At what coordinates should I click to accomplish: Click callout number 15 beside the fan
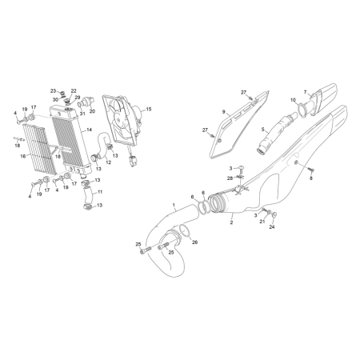(149, 109)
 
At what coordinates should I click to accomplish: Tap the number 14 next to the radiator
(89, 130)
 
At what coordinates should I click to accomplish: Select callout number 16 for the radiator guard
(23, 156)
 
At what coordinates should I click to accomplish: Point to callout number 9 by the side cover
(224, 111)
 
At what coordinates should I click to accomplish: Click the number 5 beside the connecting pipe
(263, 130)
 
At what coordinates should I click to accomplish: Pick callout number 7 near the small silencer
(306, 92)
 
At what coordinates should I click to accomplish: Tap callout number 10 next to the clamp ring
(293, 100)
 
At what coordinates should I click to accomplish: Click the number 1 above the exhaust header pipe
(174, 205)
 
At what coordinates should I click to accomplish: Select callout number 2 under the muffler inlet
(231, 222)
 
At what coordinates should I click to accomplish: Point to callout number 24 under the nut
(272, 227)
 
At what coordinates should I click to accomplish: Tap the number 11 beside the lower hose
(100, 192)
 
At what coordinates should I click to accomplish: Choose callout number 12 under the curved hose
(108, 162)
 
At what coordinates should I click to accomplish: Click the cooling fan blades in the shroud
(118, 119)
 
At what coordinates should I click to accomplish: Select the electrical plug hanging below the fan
(133, 161)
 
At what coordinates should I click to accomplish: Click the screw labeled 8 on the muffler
(311, 170)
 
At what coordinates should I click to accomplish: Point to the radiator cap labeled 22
(68, 101)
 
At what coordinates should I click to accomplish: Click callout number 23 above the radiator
(53, 91)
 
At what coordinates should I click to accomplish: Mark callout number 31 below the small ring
(82, 114)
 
